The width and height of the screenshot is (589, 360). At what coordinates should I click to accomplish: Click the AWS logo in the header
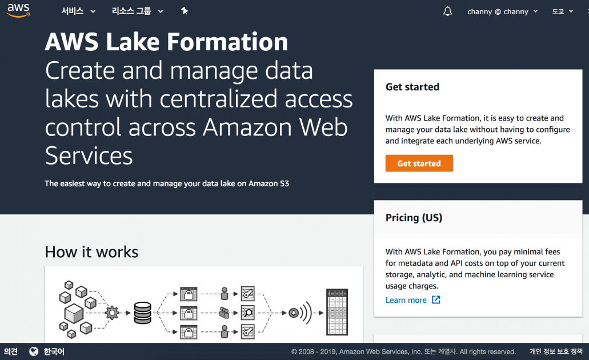click(18, 10)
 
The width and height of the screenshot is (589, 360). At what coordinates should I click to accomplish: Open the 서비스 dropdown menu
click(78, 11)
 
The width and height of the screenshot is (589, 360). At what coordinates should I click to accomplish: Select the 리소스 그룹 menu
click(137, 11)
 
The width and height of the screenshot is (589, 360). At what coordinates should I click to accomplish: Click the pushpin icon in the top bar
click(184, 11)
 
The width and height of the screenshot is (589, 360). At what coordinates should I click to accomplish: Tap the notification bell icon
click(447, 11)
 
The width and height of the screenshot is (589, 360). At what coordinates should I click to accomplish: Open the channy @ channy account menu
click(502, 11)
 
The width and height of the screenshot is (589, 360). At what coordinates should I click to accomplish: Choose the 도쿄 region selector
click(562, 11)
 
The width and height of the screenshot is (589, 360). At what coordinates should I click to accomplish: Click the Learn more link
click(406, 300)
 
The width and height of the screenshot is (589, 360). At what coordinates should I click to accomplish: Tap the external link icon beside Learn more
click(436, 300)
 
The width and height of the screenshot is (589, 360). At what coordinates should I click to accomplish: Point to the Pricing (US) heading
click(414, 218)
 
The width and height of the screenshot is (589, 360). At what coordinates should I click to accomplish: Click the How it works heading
click(91, 252)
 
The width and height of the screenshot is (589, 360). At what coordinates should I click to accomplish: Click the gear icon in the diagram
click(112, 313)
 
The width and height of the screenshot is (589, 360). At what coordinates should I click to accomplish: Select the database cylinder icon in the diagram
click(142, 313)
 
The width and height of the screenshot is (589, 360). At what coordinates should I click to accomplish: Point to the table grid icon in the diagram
click(337, 312)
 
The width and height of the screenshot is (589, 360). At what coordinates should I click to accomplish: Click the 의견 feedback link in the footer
click(11, 351)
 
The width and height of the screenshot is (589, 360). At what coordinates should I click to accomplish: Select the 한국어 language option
click(54, 351)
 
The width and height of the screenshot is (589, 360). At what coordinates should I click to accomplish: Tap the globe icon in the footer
click(34, 351)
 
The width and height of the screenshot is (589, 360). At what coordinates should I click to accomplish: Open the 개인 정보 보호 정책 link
click(556, 351)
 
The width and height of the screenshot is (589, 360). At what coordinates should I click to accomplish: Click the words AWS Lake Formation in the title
click(166, 42)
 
